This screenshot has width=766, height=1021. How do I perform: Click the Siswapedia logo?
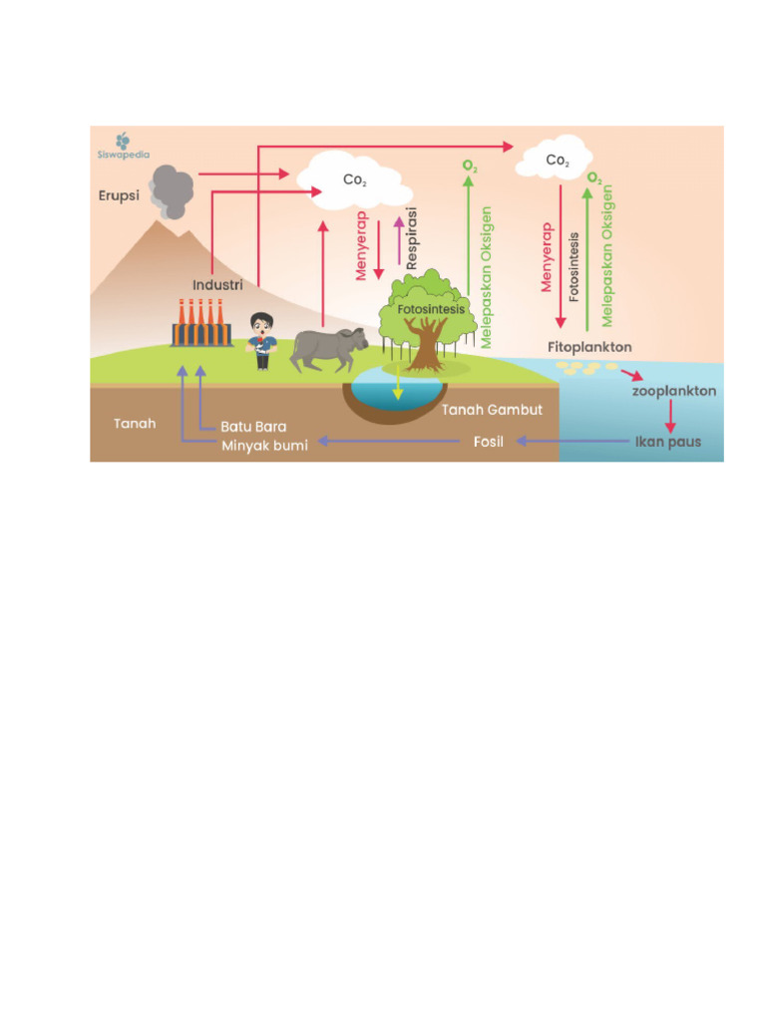coord(123,146)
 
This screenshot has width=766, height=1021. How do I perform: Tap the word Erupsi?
coord(119,195)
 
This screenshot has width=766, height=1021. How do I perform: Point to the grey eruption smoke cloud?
coord(171,192)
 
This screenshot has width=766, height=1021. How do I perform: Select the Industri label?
coord(217,284)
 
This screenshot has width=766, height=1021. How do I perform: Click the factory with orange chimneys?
coord(201,323)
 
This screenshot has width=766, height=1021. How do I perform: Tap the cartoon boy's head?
coord(262,324)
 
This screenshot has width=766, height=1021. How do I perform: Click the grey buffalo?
coord(328,349)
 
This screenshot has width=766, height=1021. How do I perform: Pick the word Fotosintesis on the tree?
coord(431,309)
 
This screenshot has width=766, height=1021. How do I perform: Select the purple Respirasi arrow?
coord(399,240)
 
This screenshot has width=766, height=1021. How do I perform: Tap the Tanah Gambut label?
coord(492,410)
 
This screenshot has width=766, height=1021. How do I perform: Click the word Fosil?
coord(489,442)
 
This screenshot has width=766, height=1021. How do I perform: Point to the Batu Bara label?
coord(253,427)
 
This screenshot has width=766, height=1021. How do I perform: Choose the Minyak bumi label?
coord(264,446)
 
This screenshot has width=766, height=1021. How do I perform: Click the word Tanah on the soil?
coord(135,423)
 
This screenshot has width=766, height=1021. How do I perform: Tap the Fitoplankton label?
coord(589,347)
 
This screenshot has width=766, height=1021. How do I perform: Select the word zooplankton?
coord(674,391)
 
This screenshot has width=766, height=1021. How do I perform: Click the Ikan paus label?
coord(668,442)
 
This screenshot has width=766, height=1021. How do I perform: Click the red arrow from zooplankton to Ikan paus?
coord(670,417)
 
